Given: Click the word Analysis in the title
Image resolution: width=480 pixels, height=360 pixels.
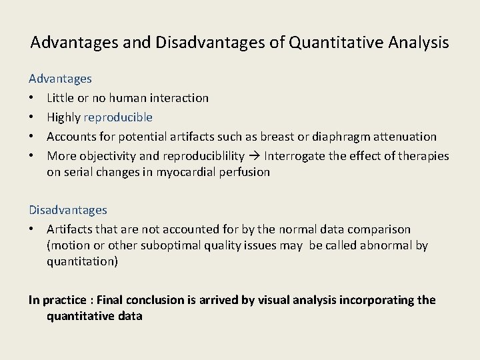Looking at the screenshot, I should coord(417,43).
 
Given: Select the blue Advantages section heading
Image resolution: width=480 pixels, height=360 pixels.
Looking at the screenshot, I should coord(60,79).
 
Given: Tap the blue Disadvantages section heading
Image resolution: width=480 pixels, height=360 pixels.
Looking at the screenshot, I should coord(67,210).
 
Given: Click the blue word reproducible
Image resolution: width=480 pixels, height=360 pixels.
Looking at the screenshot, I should coord(118,117).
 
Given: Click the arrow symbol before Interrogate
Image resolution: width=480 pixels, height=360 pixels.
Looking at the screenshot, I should coord(257,156).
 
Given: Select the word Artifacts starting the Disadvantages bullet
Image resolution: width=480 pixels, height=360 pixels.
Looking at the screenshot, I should coord(70,229).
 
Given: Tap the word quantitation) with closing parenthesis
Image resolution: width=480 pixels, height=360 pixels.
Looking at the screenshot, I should coord(83,261).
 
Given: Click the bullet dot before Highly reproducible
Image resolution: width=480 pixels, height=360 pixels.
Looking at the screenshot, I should coord(32,118).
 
